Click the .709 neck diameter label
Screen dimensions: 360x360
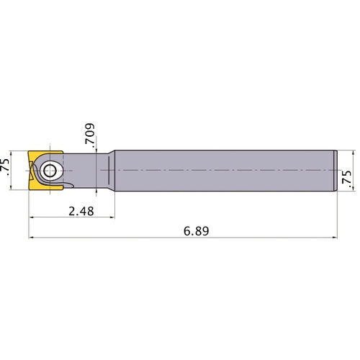pyautogui.click(x=90, y=134)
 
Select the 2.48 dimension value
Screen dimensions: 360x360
pyautogui.click(x=81, y=212)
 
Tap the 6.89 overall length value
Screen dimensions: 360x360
pyautogui.click(x=197, y=231)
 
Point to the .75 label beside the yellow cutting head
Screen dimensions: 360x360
pyautogui.click(x=5, y=167)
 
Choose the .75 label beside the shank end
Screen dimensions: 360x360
pyautogui.click(x=346, y=179)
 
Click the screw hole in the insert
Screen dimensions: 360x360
pyautogui.click(x=50, y=171)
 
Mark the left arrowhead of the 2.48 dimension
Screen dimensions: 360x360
pyautogui.click(x=32, y=217)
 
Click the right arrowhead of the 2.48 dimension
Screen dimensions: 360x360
pyautogui.click(x=112, y=217)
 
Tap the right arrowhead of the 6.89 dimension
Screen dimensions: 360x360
pyautogui.click(x=334, y=238)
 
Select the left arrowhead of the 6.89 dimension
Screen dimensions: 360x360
pyautogui.click(x=32, y=238)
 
